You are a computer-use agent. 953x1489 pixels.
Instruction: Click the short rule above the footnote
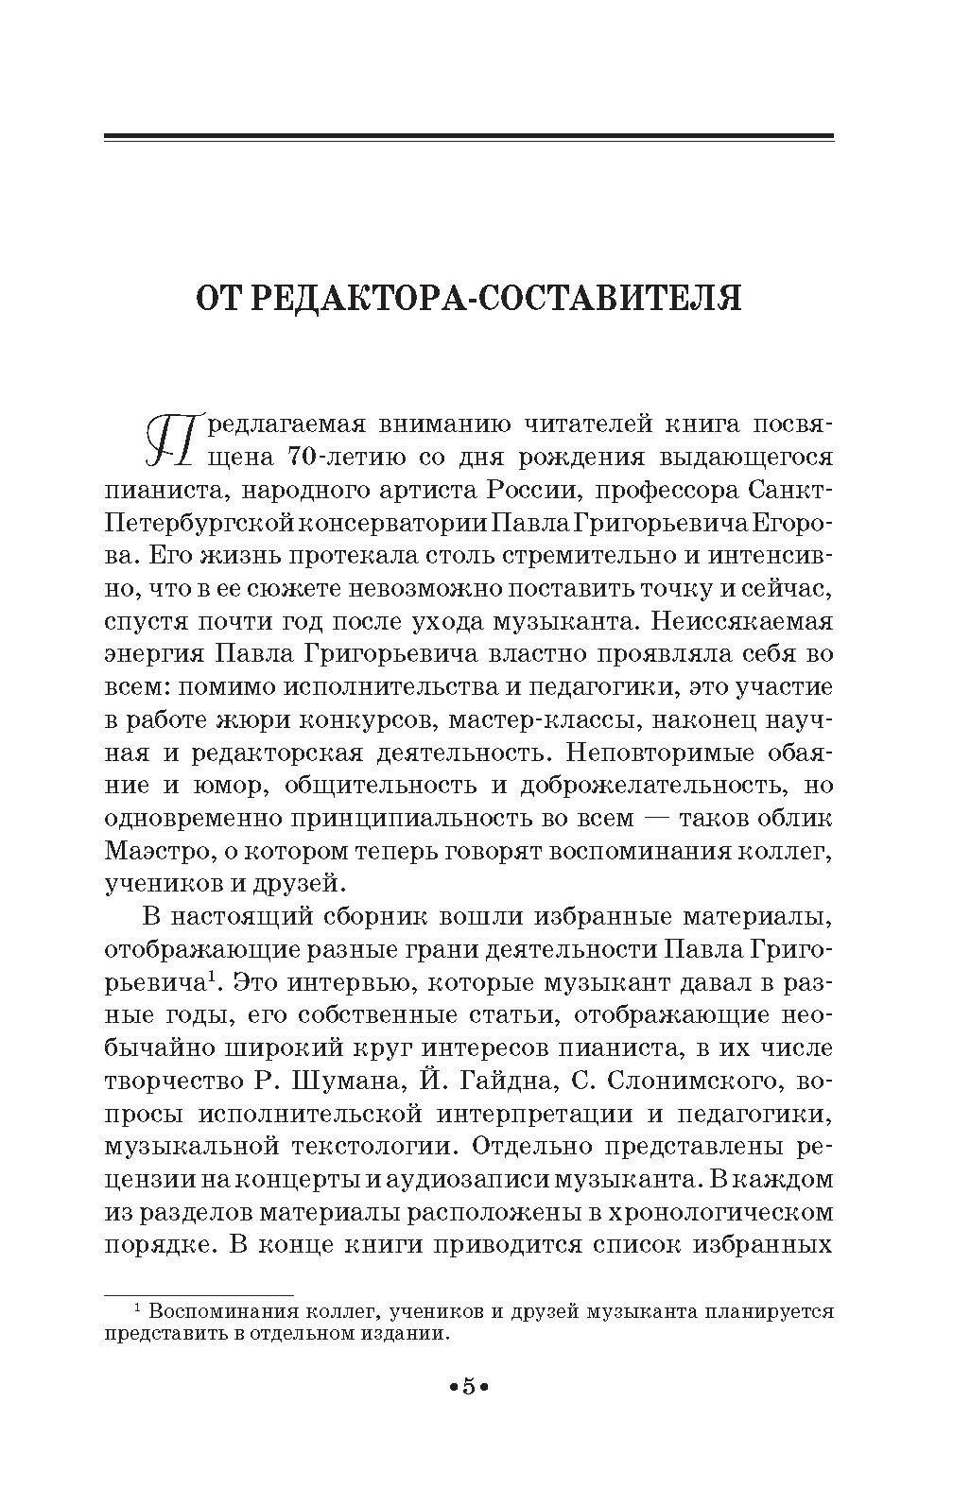pos(199,1292)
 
